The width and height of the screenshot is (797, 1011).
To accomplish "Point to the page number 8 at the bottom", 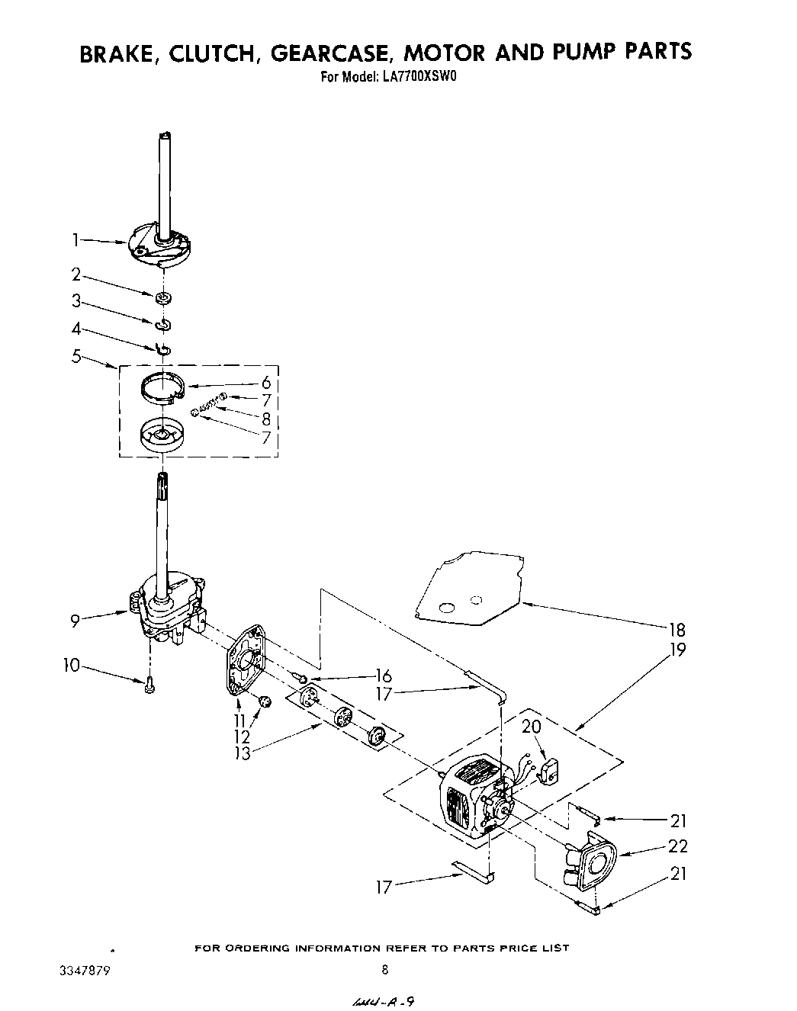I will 384,970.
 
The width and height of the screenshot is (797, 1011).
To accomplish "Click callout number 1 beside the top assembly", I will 76,240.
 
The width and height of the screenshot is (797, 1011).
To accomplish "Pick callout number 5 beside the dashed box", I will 76,356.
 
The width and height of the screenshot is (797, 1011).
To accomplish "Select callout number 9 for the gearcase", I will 76,621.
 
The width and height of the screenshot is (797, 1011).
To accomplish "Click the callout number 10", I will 72,665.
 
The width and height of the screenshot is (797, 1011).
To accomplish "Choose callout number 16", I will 383,676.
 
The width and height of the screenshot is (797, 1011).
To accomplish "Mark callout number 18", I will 676,630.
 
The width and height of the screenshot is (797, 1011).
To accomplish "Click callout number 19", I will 676,650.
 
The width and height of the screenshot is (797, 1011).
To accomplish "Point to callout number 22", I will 677,846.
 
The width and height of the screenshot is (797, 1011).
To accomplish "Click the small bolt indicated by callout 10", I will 150,685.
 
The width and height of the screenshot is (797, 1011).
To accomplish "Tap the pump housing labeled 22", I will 590,863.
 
